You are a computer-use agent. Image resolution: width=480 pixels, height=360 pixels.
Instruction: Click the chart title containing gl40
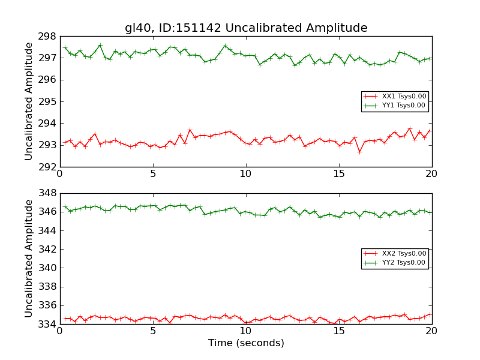tap(246, 28)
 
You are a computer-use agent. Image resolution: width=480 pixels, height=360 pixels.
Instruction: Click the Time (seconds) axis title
tap(246, 343)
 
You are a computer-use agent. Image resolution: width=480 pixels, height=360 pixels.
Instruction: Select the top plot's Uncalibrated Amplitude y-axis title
tap(29, 101)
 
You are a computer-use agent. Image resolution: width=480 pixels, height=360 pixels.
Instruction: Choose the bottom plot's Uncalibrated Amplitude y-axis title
tap(29, 259)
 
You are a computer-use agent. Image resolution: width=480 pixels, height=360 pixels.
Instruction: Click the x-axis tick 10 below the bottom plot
tap(246, 332)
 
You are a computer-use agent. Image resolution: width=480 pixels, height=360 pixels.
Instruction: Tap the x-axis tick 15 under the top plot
tap(339, 174)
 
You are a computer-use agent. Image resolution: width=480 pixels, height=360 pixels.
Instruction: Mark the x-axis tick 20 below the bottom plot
tap(431, 332)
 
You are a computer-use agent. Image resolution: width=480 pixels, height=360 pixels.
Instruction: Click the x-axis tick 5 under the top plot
tap(152, 174)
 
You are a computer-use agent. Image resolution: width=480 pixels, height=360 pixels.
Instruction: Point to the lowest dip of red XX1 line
tap(359, 152)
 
